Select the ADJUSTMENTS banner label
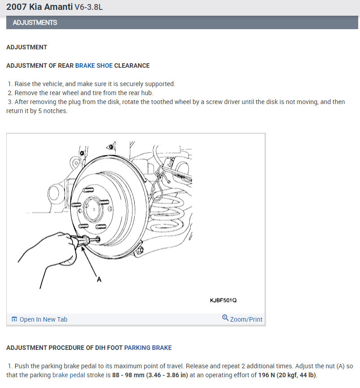[35, 22]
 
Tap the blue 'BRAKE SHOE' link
[94, 65]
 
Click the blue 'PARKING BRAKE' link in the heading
[148, 348]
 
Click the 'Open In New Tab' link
[43, 319]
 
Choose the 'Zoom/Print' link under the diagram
[246, 319]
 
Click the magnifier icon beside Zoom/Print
[225, 318]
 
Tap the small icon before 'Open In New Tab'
[15, 319]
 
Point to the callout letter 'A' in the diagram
[99, 279]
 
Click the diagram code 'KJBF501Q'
[223, 300]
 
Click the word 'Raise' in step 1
[23, 84]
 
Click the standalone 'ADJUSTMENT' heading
[27, 47]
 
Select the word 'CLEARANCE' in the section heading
[132, 65]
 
